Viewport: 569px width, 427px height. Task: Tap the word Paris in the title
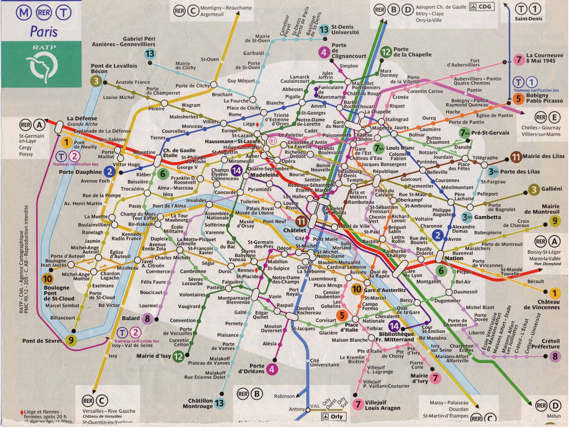(x=44, y=31)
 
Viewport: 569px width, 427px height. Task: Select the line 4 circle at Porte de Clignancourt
(x=324, y=52)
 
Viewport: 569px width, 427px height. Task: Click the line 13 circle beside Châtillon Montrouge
(x=219, y=403)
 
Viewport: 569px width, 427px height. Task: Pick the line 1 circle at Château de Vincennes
(x=554, y=294)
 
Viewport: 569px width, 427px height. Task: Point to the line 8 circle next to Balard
(x=147, y=318)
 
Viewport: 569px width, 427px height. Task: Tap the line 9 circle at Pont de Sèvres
(x=70, y=340)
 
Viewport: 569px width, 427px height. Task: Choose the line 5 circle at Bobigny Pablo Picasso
(x=518, y=99)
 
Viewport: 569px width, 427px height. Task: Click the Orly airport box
(x=333, y=416)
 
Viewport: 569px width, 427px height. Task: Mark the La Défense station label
(x=82, y=118)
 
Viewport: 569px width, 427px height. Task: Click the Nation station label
(x=454, y=258)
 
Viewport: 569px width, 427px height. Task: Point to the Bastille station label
(x=371, y=242)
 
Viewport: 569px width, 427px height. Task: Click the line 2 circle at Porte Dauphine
(x=109, y=172)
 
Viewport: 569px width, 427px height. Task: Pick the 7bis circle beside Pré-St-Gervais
(x=465, y=133)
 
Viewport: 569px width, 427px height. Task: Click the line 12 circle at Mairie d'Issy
(x=178, y=356)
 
